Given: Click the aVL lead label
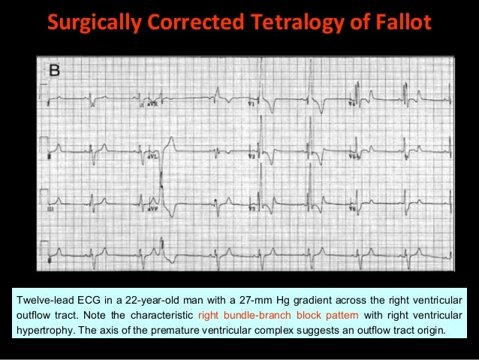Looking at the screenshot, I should click(x=153, y=157).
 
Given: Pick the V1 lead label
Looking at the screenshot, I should click(x=253, y=104).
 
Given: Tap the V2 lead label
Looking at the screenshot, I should click(x=252, y=157).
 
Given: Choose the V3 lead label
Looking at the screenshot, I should click(x=252, y=211).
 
